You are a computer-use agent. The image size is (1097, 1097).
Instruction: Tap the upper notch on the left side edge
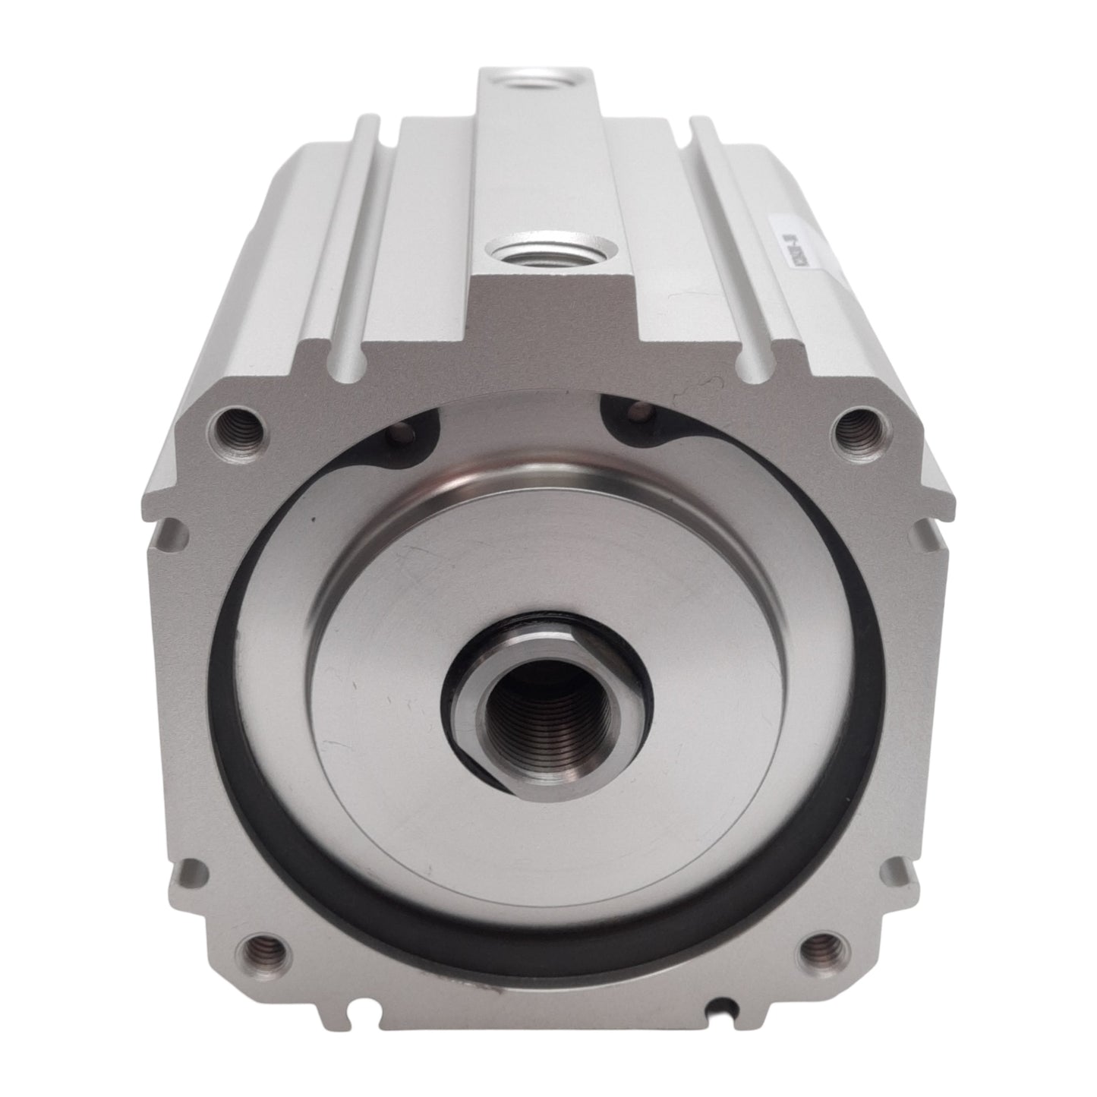[174, 526]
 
